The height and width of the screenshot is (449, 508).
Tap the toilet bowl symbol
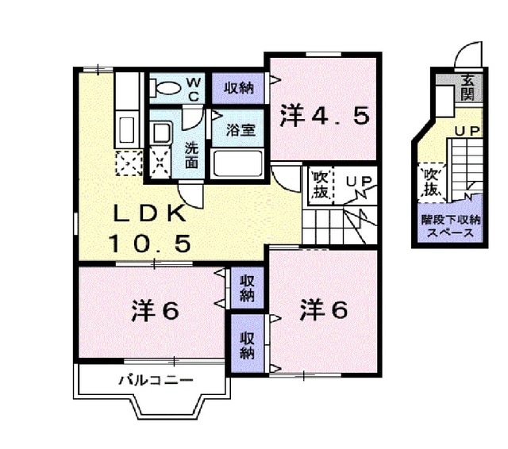click(x=167, y=87)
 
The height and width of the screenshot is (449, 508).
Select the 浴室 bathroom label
click(x=239, y=129)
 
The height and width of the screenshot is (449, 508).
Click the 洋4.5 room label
click(x=324, y=117)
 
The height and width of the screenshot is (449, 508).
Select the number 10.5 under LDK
click(x=150, y=243)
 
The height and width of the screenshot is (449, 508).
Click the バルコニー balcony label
click(x=156, y=381)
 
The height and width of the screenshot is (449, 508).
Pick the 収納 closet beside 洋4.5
click(x=238, y=87)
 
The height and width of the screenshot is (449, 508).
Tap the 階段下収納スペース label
click(x=450, y=226)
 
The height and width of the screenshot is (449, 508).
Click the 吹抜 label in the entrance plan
click(x=431, y=180)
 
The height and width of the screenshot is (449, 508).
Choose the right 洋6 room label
click(x=324, y=310)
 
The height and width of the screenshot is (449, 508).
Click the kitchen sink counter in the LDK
click(x=127, y=127)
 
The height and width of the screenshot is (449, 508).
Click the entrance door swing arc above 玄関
click(x=469, y=56)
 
